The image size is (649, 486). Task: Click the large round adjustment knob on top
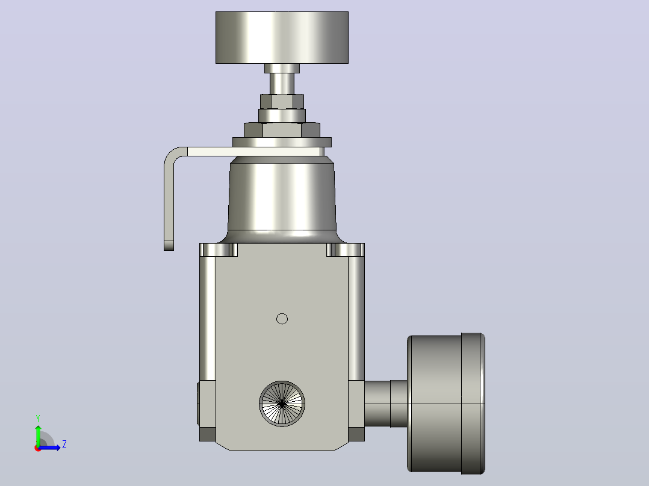pyautogui.click(x=282, y=38)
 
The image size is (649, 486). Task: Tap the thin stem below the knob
pyautogui.click(x=282, y=83)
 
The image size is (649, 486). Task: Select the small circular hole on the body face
pyautogui.click(x=282, y=319)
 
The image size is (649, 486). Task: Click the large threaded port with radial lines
pyautogui.click(x=282, y=404)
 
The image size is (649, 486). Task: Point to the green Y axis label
pyautogui.click(x=38, y=419)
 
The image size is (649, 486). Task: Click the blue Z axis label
pyautogui.click(x=64, y=444)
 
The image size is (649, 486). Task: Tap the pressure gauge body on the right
pyautogui.click(x=446, y=403)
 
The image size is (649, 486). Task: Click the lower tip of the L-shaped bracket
pyautogui.click(x=169, y=246)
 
